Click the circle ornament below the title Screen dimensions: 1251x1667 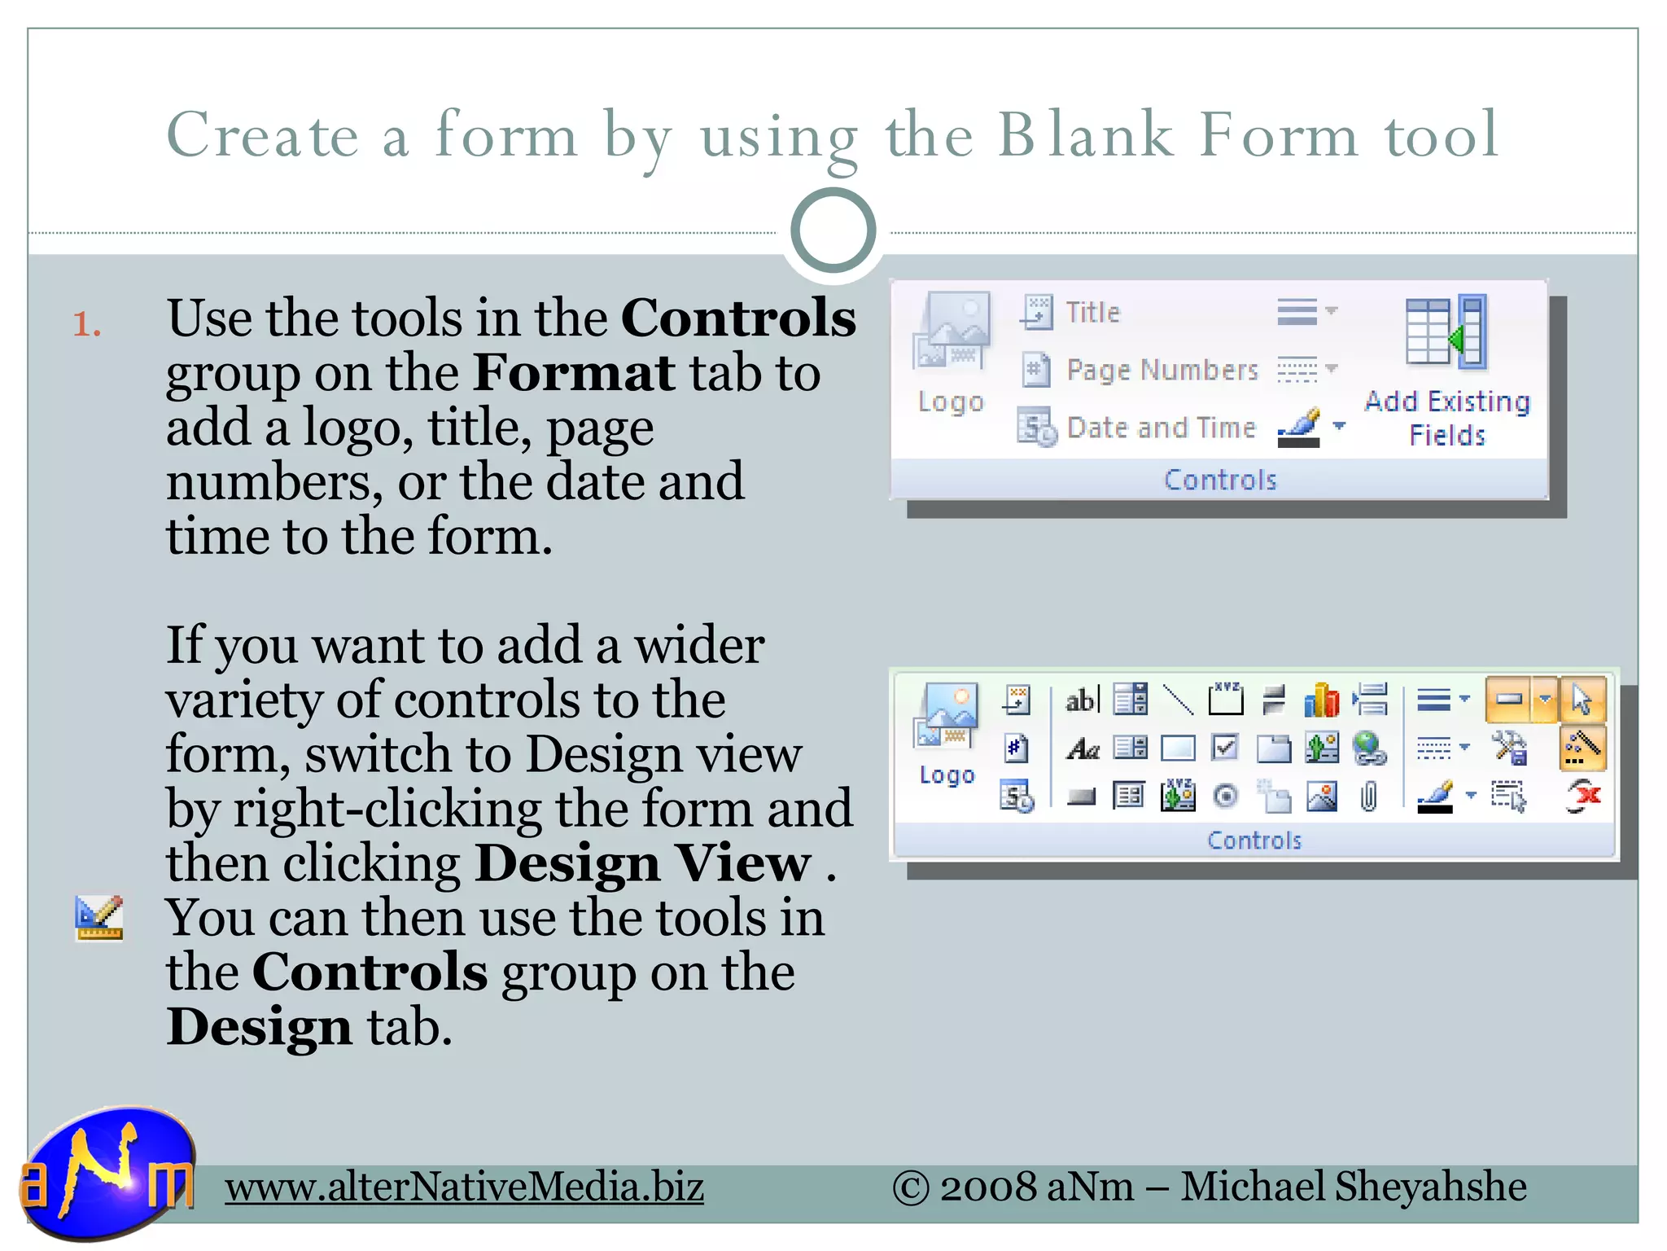833,231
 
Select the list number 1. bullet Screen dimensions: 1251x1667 87,325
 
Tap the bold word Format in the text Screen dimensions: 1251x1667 573,373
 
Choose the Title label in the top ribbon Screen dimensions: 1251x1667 1092,312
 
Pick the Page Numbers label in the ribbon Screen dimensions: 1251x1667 1162,371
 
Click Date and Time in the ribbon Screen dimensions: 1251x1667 1161,428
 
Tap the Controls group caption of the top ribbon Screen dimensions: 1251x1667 1220,481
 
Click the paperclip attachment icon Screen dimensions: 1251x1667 1369,797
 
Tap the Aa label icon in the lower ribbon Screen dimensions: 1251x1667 1083,748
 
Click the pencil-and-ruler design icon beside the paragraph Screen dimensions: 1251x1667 98,917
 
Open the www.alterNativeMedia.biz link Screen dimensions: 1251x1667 464,1187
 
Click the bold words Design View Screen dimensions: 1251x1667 643,863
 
